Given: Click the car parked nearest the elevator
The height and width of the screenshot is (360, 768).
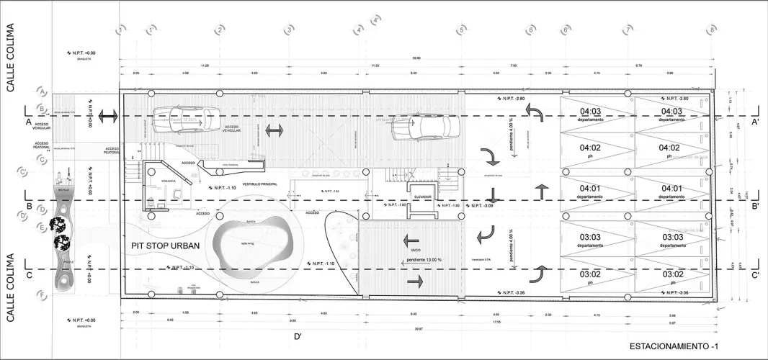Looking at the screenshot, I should tap(426, 127).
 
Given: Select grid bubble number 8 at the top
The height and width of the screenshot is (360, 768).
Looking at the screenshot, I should tap(711, 30).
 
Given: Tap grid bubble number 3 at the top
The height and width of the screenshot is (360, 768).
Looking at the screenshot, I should tap(288, 30).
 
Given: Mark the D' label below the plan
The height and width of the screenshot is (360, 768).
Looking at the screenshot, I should tap(297, 336).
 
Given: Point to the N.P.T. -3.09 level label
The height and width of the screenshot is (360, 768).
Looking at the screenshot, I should tap(482, 206).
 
